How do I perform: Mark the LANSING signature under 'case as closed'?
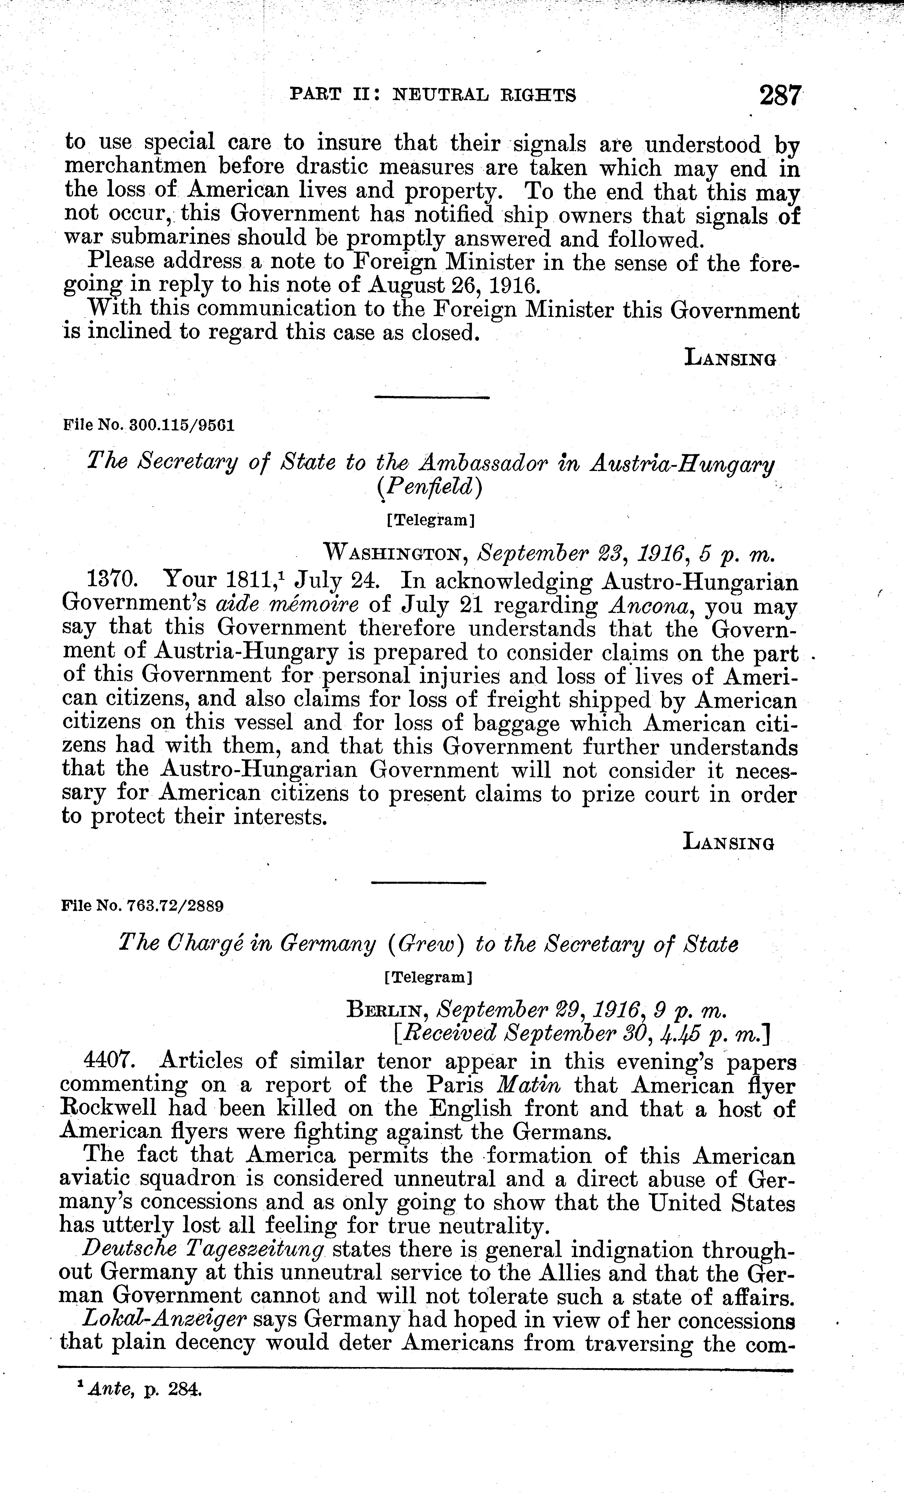coord(729,358)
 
